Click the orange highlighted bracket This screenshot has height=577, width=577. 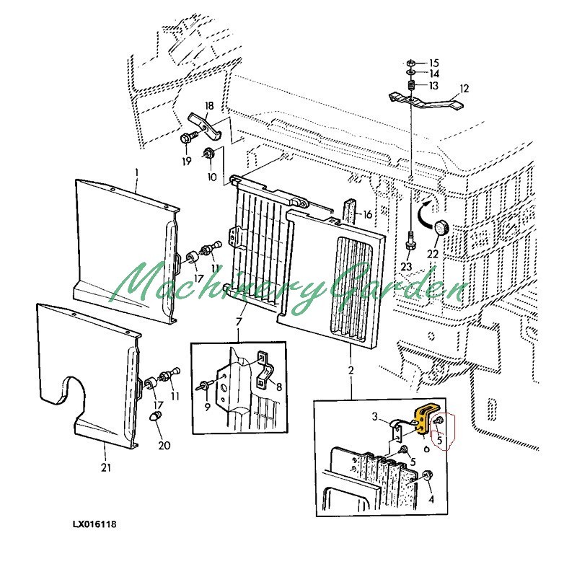click(421, 420)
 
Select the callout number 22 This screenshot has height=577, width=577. click(432, 254)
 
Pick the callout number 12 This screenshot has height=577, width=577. click(464, 89)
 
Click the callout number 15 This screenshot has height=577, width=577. click(433, 63)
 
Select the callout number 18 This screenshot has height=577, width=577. click(209, 106)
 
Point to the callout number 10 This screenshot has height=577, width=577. click(211, 177)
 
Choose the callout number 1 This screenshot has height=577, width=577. click(136, 172)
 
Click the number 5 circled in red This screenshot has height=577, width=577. click(439, 435)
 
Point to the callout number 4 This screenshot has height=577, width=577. click(431, 498)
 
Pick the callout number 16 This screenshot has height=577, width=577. click(367, 214)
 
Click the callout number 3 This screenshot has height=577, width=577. click(375, 416)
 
